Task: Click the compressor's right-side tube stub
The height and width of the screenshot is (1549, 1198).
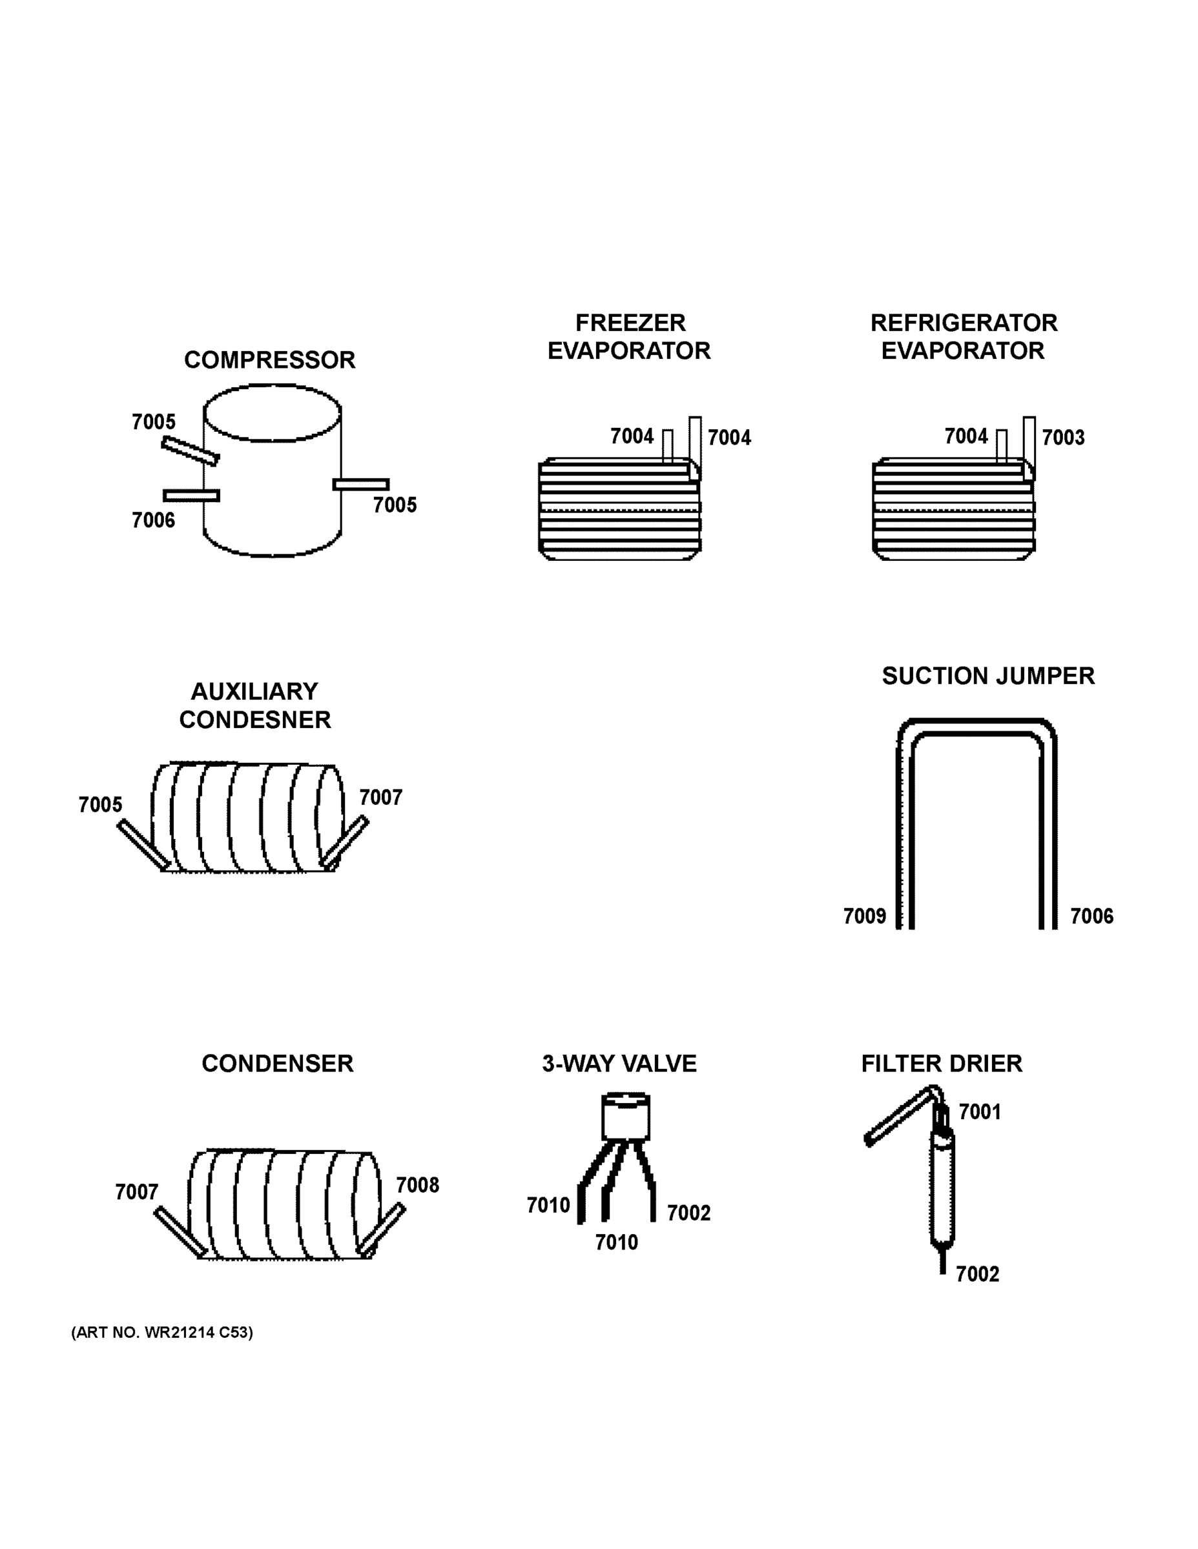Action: click(x=361, y=485)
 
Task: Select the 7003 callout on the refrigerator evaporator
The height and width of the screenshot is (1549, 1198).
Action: click(x=1062, y=437)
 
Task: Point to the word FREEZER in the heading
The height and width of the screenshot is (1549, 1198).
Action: click(x=630, y=323)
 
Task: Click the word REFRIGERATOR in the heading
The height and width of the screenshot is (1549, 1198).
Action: click(x=963, y=323)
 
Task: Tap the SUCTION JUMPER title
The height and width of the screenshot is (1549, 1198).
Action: click(x=987, y=676)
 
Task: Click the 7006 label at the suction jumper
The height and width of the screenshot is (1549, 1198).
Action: click(x=1091, y=916)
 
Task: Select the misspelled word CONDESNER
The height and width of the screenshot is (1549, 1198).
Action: click(x=255, y=720)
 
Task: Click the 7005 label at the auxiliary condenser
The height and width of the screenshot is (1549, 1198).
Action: click(x=100, y=805)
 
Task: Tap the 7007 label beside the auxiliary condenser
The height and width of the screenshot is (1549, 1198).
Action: click(x=380, y=797)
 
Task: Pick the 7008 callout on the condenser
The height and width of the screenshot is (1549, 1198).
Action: click(x=417, y=1185)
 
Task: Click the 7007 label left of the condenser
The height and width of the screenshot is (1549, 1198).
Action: click(x=136, y=1192)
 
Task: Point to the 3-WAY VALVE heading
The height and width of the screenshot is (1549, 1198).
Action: click(x=619, y=1064)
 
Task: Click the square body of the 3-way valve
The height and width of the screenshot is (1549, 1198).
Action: click(x=625, y=1117)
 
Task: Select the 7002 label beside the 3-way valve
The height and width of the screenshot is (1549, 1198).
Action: click(x=688, y=1213)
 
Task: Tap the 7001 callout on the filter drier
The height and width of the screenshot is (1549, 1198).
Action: click(x=980, y=1111)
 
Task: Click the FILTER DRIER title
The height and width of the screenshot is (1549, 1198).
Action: click(x=941, y=1064)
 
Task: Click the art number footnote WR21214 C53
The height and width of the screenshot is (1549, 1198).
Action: click(x=162, y=1333)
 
